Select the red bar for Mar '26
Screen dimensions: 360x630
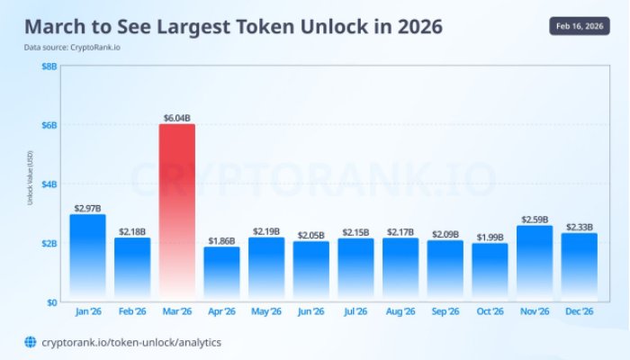[x=177, y=211]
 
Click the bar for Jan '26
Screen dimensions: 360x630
[x=87, y=257]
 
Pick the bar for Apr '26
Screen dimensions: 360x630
[x=221, y=274]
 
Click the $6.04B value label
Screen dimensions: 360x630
[x=177, y=118]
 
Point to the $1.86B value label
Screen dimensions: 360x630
[x=221, y=240]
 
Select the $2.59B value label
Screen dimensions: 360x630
[x=535, y=220]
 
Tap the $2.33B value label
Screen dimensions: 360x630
[x=579, y=227]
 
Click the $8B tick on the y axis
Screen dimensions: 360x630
[x=49, y=66]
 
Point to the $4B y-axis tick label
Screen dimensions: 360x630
[x=49, y=184]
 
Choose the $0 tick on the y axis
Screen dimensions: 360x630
[x=52, y=301]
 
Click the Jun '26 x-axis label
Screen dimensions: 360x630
[x=310, y=312]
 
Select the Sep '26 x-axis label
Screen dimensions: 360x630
[x=445, y=312]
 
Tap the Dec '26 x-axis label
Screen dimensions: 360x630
[x=579, y=312]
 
